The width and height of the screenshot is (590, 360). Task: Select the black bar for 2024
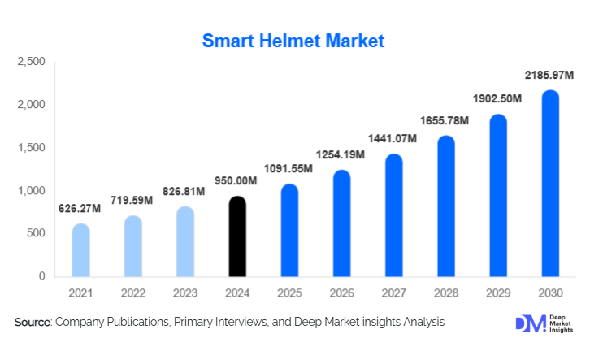coord(237,236)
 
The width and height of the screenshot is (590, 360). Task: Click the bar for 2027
coord(393,215)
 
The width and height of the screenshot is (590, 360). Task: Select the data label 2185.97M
coord(550,76)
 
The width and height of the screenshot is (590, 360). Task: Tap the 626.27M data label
coord(79,209)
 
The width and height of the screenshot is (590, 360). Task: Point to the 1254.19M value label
coord(341,155)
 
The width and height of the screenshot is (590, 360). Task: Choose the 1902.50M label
coord(497,98)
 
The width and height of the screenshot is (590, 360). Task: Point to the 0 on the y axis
coord(41,277)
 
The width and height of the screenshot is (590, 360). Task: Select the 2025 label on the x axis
coord(289,293)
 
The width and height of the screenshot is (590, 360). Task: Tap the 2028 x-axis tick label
coord(445,293)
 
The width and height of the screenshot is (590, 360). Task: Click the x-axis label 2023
coord(185,293)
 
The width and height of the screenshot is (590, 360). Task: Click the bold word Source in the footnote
coord(33,323)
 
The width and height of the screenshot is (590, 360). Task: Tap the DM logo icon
coord(528,323)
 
